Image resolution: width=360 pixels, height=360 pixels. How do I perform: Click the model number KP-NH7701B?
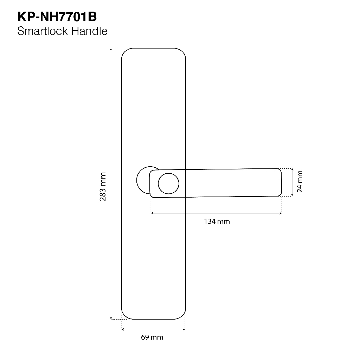[57, 17]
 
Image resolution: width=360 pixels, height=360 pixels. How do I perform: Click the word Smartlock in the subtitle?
[43, 31]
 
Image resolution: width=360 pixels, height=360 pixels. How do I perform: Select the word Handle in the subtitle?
[89, 31]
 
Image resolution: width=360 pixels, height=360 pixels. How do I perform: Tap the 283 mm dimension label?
[103, 187]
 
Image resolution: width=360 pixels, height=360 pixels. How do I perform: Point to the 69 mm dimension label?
[152, 337]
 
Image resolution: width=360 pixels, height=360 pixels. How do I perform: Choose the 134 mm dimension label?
[217, 221]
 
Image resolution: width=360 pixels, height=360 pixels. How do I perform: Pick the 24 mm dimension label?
[300, 181]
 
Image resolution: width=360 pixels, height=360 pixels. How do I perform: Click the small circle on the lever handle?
[168, 184]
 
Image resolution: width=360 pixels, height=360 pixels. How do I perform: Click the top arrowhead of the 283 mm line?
[111, 49]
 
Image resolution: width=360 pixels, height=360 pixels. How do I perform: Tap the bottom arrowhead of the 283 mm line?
[111, 318]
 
